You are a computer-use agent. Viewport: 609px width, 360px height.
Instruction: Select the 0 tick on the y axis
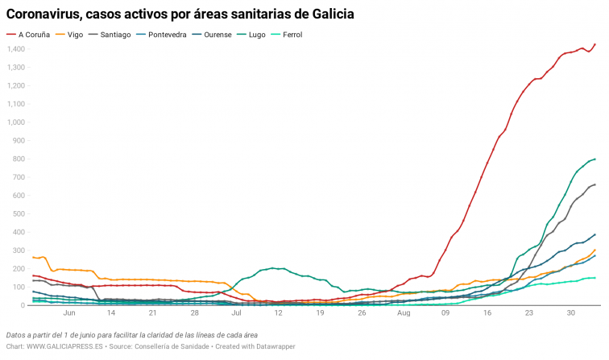23,305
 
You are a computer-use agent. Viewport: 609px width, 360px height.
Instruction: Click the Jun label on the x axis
69,312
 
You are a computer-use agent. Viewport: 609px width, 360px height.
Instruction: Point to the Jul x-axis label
237,312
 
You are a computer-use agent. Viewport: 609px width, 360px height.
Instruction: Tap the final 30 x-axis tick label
570,312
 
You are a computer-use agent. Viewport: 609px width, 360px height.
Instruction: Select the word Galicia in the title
328,14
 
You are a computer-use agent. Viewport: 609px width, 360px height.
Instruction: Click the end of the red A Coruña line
594,44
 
